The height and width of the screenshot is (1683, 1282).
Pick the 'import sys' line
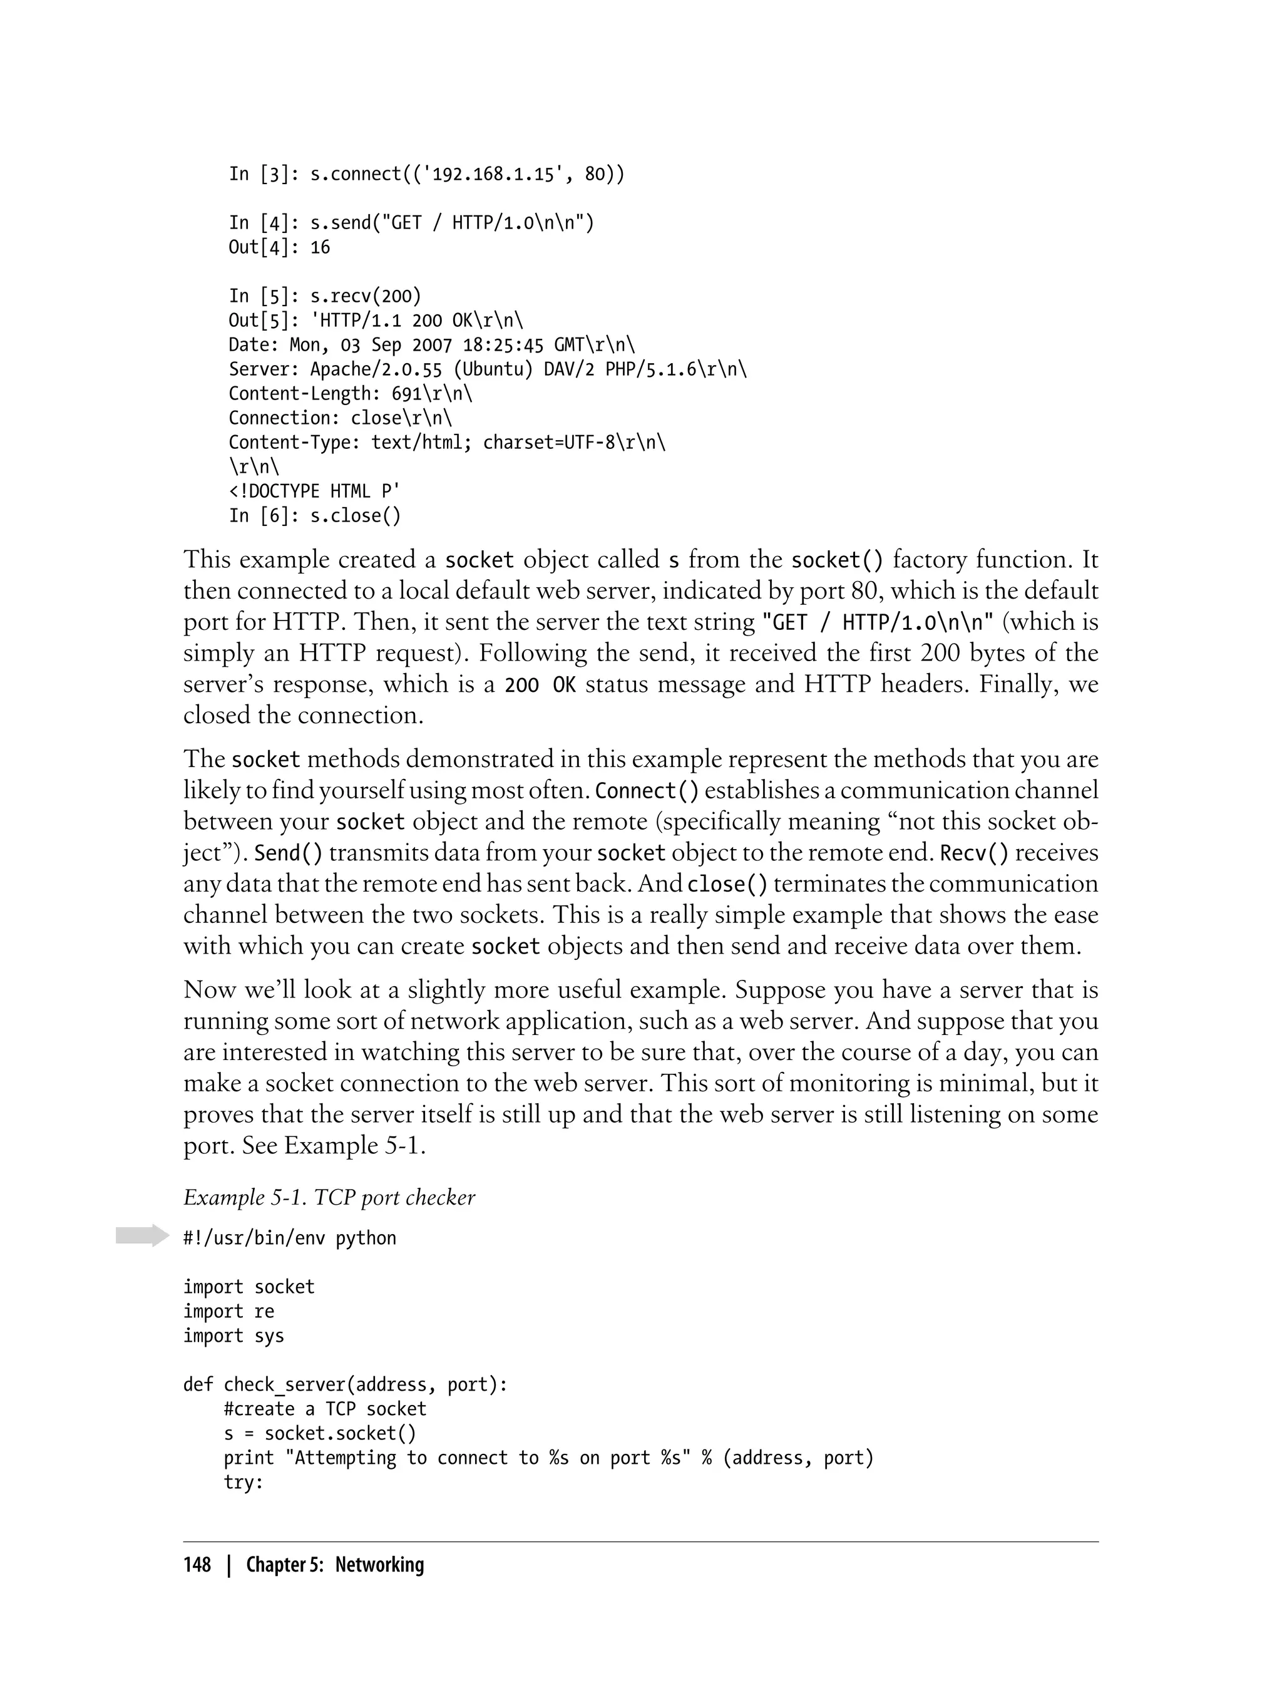click(x=233, y=1336)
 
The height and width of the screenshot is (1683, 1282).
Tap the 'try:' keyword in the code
click(x=243, y=1482)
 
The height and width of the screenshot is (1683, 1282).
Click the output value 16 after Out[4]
click(x=320, y=247)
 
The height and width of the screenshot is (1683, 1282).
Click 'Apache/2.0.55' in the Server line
click(x=376, y=369)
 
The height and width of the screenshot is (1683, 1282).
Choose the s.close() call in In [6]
click(x=355, y=516)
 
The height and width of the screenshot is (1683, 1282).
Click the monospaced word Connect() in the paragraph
click(x=647, y=791)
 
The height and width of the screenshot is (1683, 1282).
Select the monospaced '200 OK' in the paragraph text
click(x=540, y=684)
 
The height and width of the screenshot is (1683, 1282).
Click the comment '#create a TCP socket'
click(x=324, y=1409)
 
